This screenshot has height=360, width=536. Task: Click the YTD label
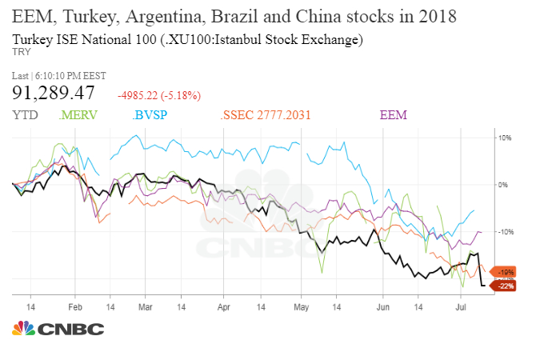[26, 116]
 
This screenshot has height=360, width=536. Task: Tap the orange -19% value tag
[506, 271]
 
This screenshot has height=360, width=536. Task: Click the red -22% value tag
[506, 285]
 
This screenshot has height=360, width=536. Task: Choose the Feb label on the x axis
[75, 306]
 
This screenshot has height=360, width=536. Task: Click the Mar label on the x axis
[145, 306]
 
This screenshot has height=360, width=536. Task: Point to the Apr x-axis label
[222, 306]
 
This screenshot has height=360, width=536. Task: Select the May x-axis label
[300, 306]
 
